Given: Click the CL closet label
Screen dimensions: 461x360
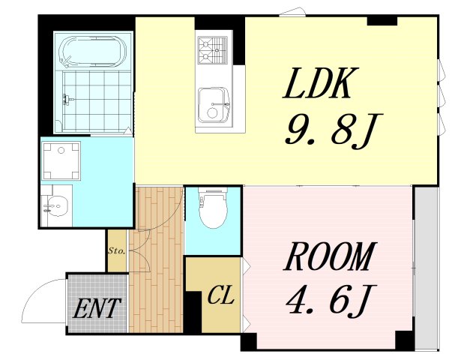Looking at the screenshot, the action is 221,295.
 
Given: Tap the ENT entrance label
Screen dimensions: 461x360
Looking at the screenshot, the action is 97,308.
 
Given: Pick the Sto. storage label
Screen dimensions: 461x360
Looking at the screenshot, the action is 117,251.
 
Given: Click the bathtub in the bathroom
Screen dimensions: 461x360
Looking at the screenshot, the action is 93,50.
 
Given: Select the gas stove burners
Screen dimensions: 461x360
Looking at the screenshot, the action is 212,49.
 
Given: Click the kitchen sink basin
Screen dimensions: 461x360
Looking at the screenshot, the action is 214,105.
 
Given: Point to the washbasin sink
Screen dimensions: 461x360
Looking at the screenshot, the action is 57,205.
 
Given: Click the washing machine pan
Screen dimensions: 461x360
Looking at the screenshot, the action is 61,160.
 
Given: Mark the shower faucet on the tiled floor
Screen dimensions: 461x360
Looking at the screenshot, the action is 67,100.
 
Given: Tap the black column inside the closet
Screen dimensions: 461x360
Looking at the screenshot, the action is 193,313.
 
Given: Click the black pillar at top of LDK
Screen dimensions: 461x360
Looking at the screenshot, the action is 382,21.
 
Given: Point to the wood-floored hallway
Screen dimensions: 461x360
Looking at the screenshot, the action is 157,259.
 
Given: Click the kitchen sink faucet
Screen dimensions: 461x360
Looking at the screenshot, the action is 220,104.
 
